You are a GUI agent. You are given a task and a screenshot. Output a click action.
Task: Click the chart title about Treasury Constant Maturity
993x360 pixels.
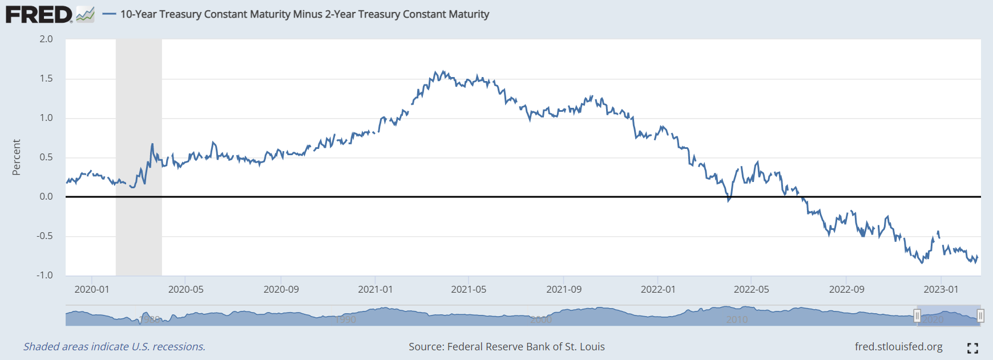(x=304, y=14)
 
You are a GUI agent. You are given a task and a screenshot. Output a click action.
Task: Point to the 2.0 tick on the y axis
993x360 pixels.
(x=46, y=39)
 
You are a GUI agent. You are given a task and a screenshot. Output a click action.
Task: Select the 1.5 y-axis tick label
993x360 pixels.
(x=46, y=79)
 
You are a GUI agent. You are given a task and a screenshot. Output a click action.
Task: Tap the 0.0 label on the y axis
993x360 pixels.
(x=46, y=197)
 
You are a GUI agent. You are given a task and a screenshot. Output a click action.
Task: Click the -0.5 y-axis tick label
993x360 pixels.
(x=45, y=236)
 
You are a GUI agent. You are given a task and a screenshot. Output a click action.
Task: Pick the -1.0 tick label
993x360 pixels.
(x=45, y=276)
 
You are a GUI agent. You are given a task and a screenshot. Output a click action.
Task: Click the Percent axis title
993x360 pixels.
(x=17, y=157)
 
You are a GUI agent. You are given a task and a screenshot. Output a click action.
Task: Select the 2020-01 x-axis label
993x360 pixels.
(x=92, y=290)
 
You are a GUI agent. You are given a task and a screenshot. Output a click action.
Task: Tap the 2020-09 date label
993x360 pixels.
(x=281, y=290)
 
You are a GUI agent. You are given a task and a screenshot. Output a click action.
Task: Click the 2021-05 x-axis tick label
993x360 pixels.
(x=469, y=290)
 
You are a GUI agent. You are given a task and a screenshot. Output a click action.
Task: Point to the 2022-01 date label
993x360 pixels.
(x=658, y=290)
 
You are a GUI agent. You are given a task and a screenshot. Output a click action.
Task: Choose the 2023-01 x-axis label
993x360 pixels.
(x=941, y=290)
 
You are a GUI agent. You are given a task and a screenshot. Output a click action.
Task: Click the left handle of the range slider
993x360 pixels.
(x=917, y=315)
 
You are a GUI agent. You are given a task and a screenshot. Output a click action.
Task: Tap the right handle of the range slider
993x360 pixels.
(x=980, y=315)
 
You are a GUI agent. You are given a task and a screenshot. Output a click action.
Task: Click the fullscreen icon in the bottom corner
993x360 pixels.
(x=973, y=348)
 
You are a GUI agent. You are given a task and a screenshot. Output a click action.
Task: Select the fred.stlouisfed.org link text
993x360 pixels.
(x=899, y=347)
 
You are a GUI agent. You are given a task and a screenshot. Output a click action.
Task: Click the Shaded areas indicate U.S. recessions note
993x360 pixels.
(x=114, y=347)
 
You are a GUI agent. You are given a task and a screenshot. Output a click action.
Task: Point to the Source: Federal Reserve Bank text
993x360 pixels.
(x=507, y=347)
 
